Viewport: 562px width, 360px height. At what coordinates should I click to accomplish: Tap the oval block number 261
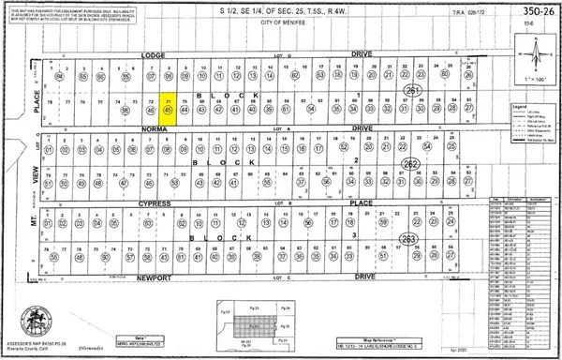click(413, 90)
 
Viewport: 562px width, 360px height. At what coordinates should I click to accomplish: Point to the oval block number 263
click(408, 239)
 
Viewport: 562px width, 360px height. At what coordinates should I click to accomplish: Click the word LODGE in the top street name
click(152, 55)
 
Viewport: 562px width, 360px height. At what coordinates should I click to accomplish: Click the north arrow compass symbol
click(536, 51)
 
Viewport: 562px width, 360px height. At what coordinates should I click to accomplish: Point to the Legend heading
click(520, 107)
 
